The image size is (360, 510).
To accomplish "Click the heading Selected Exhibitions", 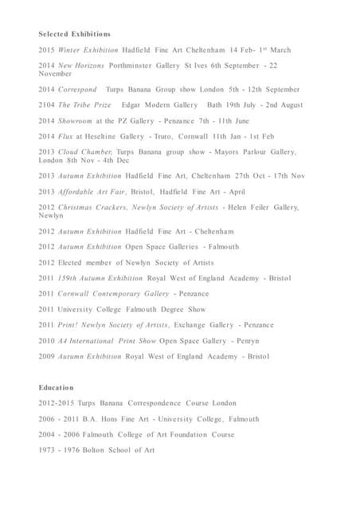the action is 74,34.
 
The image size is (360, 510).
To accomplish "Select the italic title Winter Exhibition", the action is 88,50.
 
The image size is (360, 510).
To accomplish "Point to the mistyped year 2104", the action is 46,105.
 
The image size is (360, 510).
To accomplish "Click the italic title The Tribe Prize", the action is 84,105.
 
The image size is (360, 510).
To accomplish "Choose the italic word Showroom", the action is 76,121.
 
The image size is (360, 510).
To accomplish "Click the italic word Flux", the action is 65,137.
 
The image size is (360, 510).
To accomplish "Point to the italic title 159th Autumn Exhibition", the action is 100,278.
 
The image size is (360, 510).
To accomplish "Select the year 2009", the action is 46,356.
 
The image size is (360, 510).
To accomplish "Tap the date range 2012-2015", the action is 60,403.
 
